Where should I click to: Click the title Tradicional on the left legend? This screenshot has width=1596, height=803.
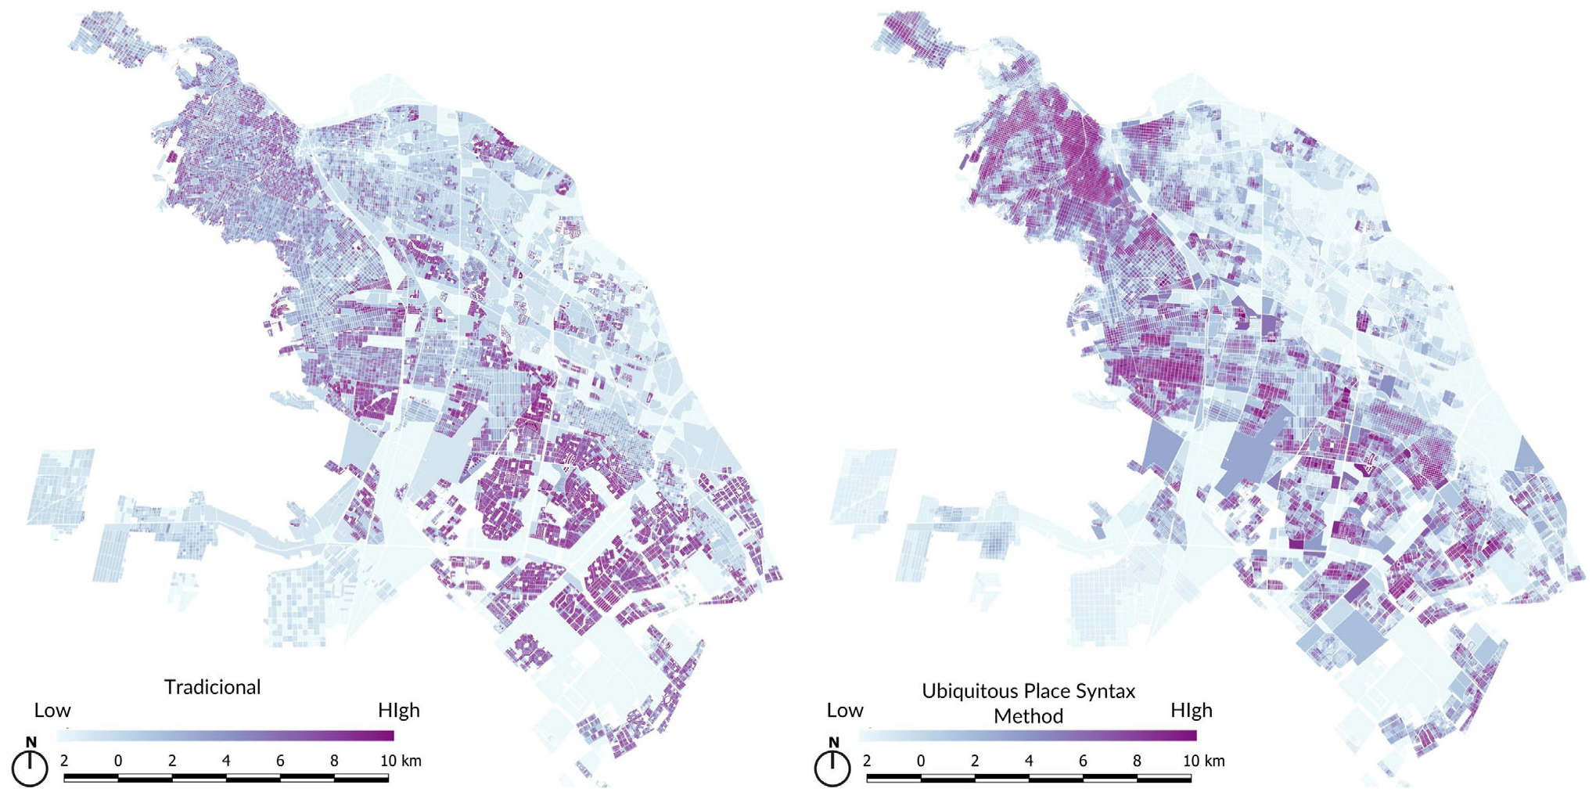[212, 687]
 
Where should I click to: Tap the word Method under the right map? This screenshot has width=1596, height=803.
[1028, 716]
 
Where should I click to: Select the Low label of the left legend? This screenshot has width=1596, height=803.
[52, 711]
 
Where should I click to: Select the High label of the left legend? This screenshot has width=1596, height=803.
[399, 711]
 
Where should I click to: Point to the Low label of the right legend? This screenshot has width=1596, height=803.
[845, 711]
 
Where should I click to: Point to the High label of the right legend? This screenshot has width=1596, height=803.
[1192, 711]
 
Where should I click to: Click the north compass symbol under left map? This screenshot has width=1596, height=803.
[30, 768]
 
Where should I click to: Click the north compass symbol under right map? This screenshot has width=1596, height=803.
[832, 768]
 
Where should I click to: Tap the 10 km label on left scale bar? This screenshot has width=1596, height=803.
[401, 761]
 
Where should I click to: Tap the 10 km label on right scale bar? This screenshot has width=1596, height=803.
[1203, 761]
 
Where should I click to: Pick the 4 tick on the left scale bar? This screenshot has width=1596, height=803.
[226, 761]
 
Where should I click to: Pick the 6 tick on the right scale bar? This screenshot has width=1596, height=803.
[1083, 761]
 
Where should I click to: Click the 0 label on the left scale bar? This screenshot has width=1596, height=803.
[118, 761]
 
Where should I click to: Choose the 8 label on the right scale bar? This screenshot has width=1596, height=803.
[1137, 761]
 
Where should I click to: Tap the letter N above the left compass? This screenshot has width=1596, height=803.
[31, 742]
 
